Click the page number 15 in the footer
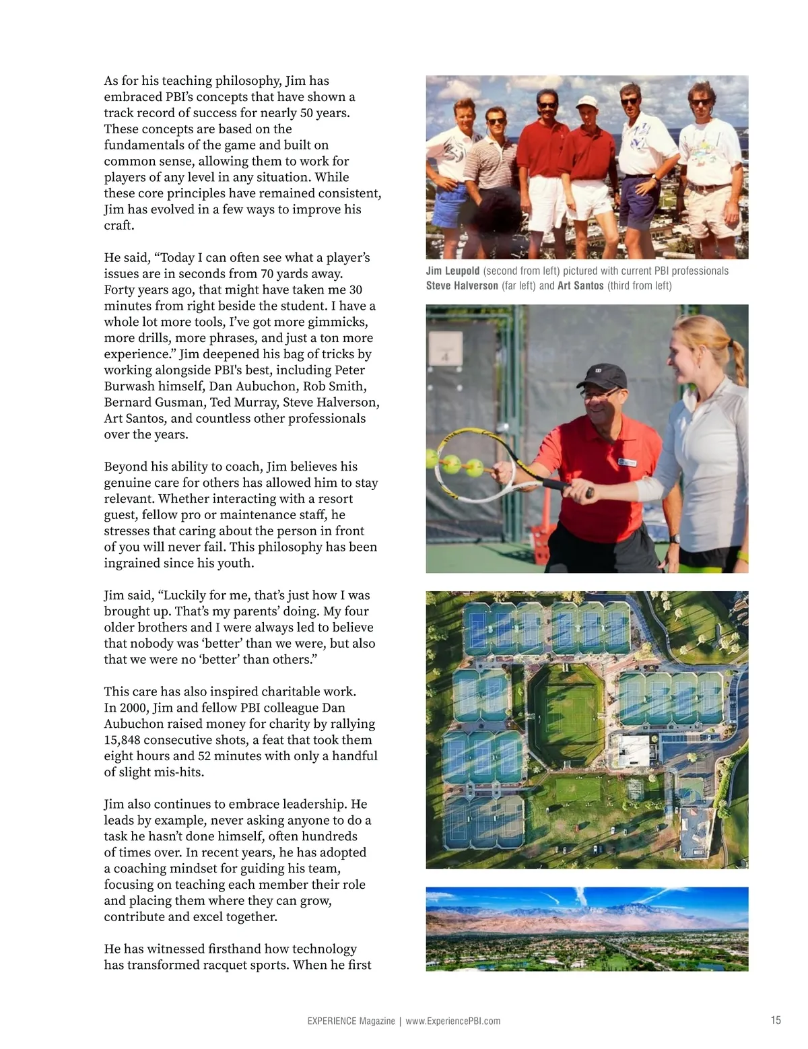click(x=776, y=1020)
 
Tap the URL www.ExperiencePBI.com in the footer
click(x=452, y=1021)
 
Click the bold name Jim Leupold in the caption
click(x=452, y=271)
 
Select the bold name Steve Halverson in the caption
click(x=462, y=285)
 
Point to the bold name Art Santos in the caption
click(x=580, y=285)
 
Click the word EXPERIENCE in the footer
click(x=331, y=1021)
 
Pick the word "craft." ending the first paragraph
click(x=119, y=226)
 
